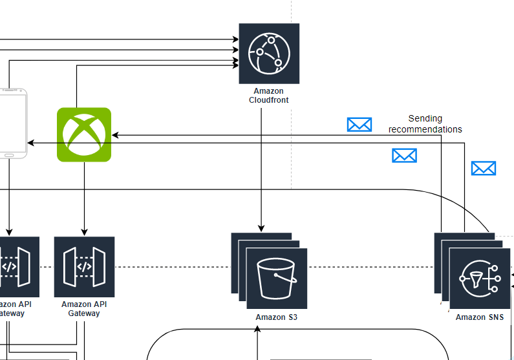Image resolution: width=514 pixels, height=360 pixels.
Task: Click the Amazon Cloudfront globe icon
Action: click(x=269, y=53)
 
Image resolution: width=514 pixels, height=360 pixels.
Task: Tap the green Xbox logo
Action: click(x=84, y=134)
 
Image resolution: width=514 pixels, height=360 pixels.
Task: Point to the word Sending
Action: click(x=425, y=118)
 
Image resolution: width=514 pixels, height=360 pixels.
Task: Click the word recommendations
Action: click(x=425, y=129)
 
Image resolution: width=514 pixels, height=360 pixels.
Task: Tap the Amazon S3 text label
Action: click(x=276, y=317)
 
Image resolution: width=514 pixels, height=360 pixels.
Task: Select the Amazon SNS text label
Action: click(x=479, y=317)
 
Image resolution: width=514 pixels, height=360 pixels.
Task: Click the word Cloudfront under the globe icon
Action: click(x=269, y=100)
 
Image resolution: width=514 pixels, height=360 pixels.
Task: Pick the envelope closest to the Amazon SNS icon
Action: click(x=483, y=169)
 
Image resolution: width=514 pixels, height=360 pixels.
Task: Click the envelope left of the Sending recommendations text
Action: click(x=359, y=125)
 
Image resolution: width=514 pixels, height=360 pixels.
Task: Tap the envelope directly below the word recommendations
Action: click(x=404, y=155)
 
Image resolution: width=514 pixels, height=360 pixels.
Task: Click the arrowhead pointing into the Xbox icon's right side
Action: click(x=115, y=135)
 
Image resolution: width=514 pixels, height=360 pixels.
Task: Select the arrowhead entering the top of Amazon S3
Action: click(x=261, y=228)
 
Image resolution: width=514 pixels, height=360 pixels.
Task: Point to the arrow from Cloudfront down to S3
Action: click(x=261, y=168)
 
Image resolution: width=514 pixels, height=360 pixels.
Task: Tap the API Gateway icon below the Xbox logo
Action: click(x=84, y=267)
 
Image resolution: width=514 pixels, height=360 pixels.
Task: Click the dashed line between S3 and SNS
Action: click(x=370, y=267)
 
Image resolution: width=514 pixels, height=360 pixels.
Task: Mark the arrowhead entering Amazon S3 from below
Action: click(x=257, y=330)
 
